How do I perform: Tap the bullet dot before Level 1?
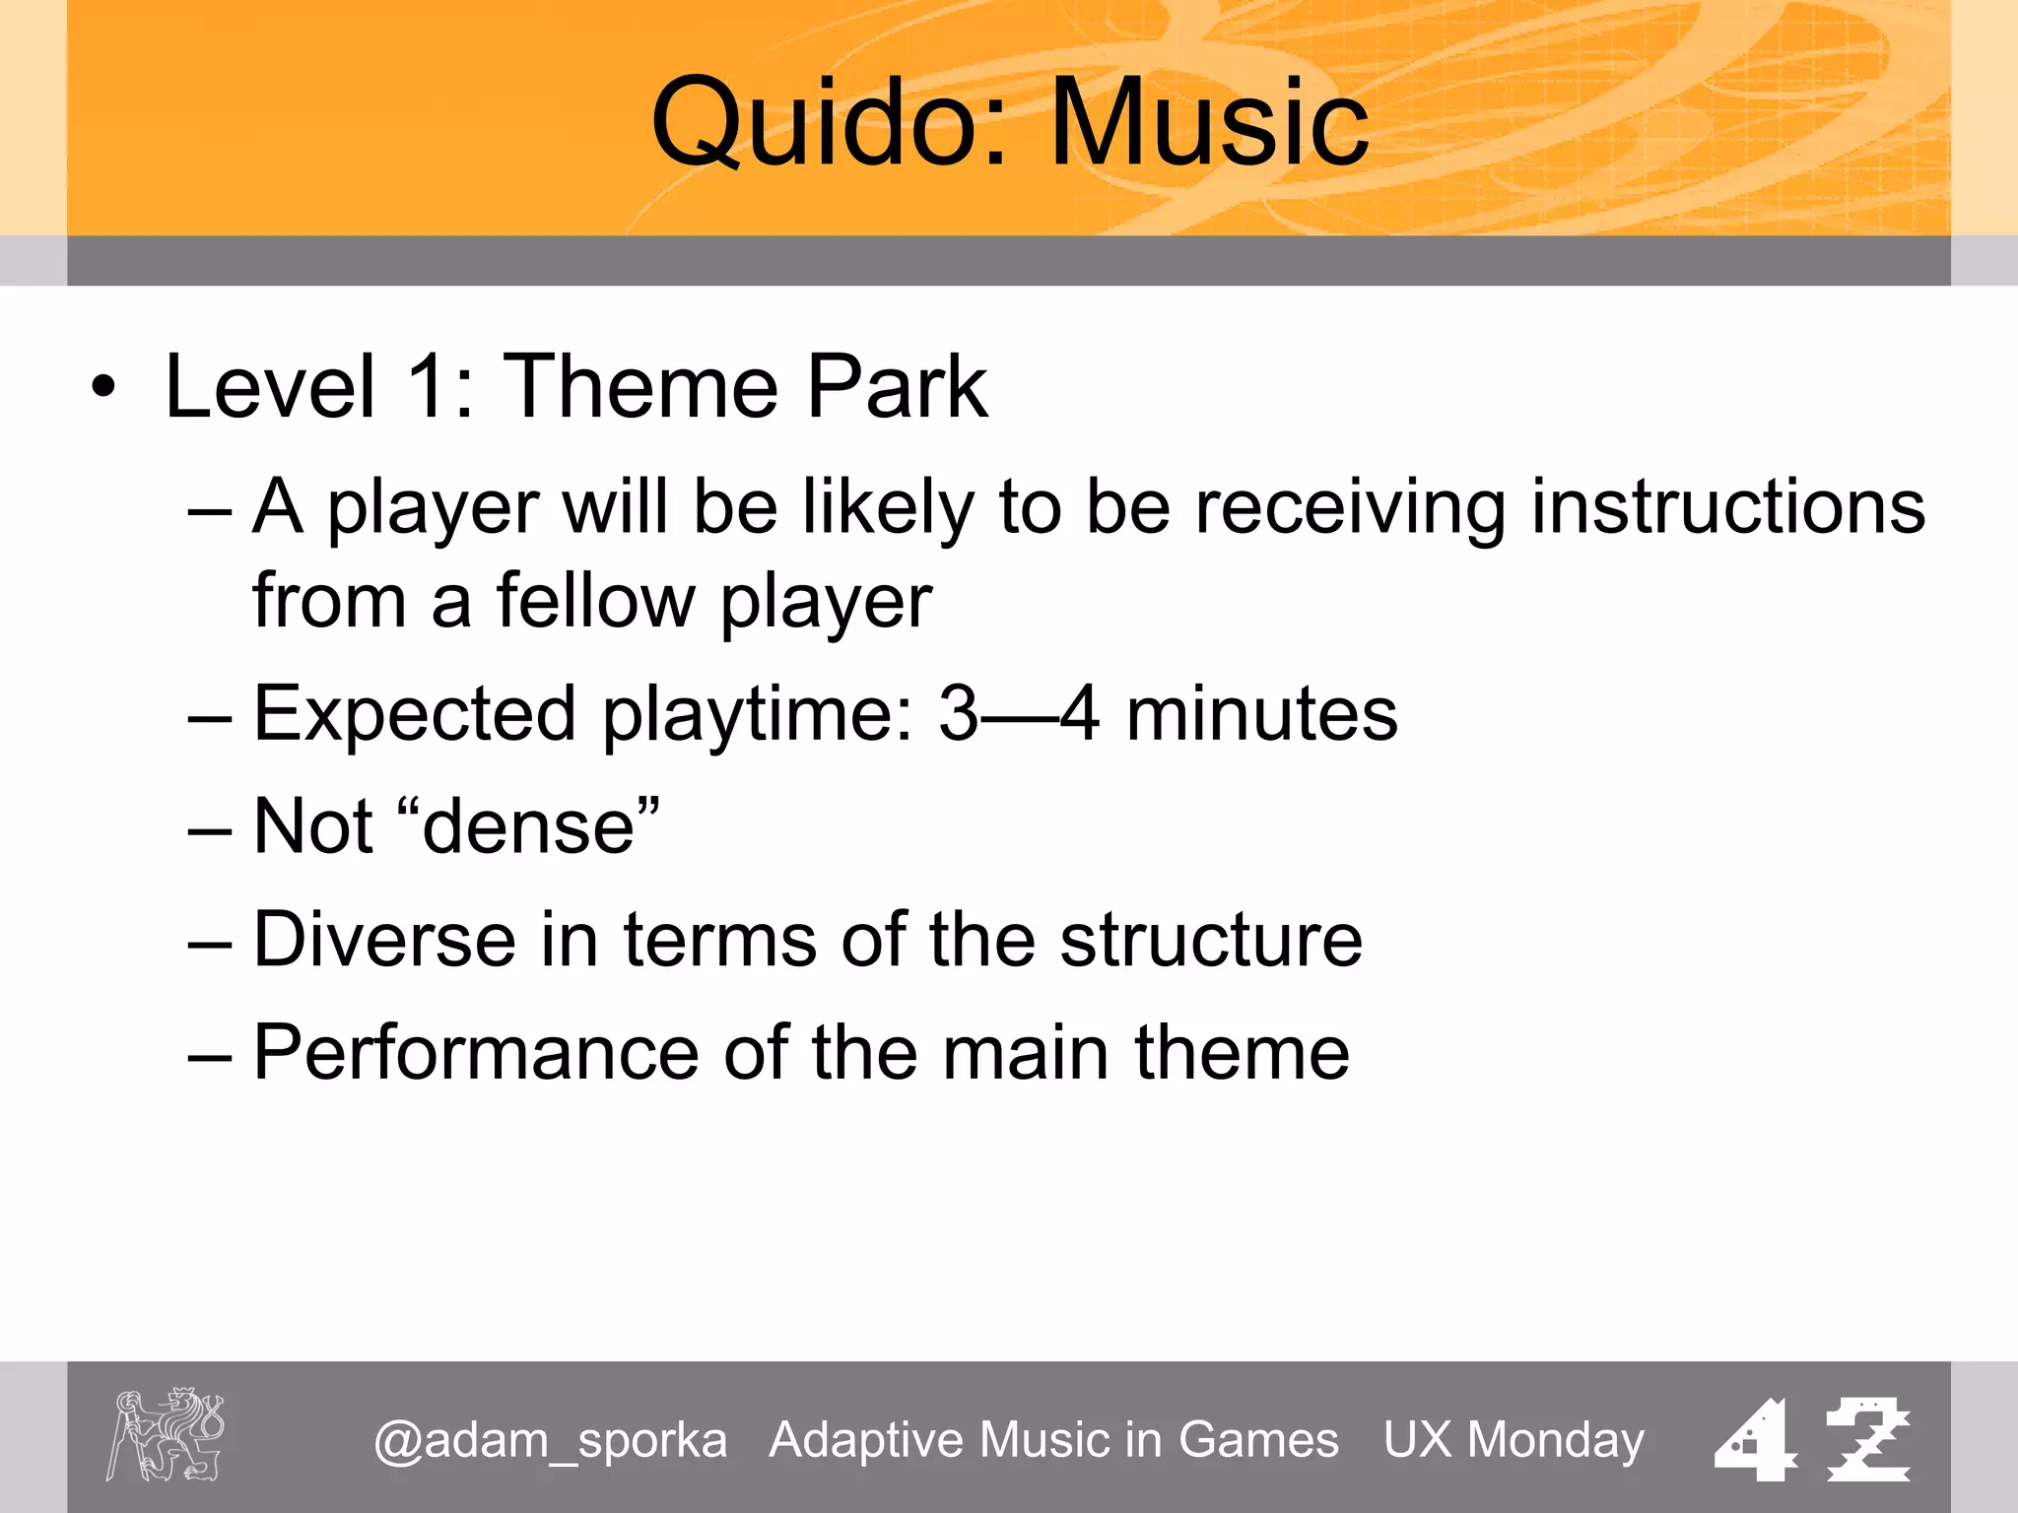coord(102,386)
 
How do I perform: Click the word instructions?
coord(1727,506)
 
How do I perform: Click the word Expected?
coord(414,713)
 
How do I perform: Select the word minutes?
coord(1261,713)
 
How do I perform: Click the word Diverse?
coord(384,939)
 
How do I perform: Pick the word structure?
coord(1211,939)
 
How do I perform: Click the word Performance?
coord(476,1052)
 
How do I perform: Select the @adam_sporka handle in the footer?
coord(550,1440)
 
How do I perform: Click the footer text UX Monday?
coord(1513,1440)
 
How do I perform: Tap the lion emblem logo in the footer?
coord(165,1434)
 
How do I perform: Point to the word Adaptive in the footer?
coord(868,1440)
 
